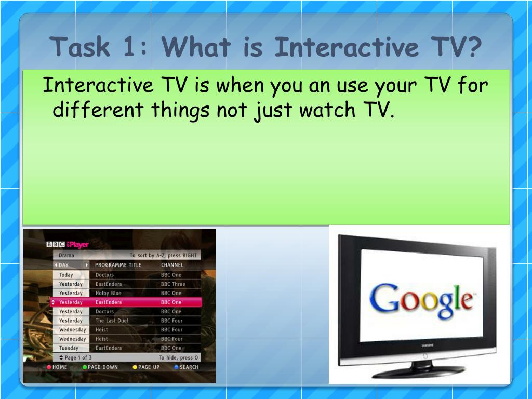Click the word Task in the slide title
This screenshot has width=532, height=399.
click(81, 48)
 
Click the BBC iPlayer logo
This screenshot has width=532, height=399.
click(68, 244)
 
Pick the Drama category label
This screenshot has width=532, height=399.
click(66, 256)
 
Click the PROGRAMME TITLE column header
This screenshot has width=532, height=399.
click(118, 265)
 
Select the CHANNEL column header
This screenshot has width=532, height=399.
click(172, 265)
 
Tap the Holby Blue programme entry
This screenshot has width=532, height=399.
click(108, 293)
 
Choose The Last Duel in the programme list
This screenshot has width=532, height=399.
click(112, 321)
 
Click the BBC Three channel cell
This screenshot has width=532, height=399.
click(172, 284)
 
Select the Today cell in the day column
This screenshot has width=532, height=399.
click(66, 275)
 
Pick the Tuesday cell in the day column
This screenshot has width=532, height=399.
click(69, 348)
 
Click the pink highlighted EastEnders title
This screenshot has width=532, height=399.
click(109, 302)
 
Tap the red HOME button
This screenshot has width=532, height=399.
click(57, 367)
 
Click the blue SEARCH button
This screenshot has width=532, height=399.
click(186, 367)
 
